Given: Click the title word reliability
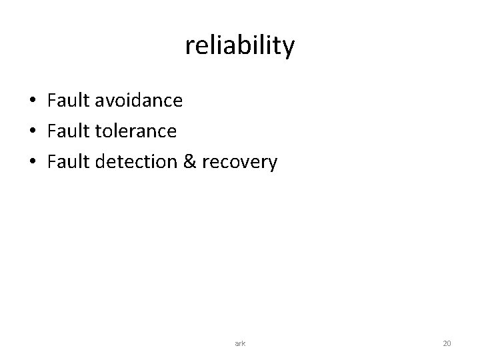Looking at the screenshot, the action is click(239, 46).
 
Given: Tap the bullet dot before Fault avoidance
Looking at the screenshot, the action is click(32, 101).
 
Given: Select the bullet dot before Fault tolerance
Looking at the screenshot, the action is click(32, 132).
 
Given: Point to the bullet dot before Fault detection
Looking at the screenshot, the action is click(32, 163).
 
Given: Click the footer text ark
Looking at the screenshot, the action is click(240, 343).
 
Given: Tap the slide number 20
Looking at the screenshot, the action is click(447, 343).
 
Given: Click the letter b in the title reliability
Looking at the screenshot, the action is click(244, 45).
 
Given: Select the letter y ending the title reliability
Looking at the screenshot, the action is click(288, 49).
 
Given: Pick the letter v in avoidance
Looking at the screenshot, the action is click(106, 102).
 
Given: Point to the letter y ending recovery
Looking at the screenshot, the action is click(271, 165).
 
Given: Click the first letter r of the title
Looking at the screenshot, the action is click(189, 47).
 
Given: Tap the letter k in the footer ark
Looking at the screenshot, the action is click(243, 343).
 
